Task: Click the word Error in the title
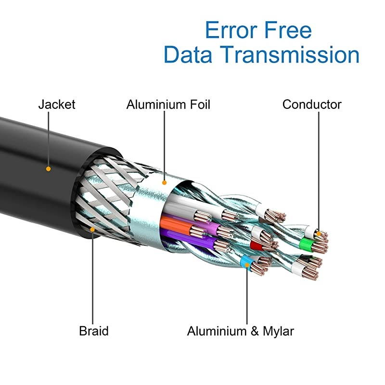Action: coord(230,30)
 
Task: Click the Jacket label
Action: coord(57,104)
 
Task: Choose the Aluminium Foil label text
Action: coord(168,104)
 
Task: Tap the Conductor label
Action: coord(312,104)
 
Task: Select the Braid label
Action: coord(94,331)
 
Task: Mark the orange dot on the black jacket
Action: coord(48,169)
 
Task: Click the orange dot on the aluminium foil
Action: coord(165,183)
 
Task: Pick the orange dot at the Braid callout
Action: coord(93,230)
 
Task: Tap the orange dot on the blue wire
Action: coord(247,264)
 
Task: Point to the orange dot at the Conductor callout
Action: coord(318,233)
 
